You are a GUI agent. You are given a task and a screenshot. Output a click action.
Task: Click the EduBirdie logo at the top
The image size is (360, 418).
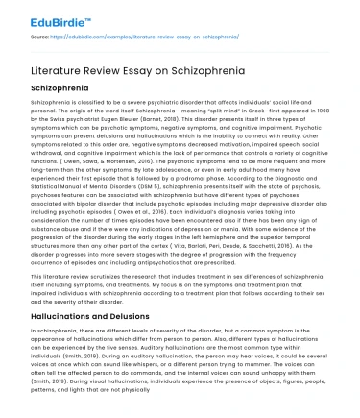43,12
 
